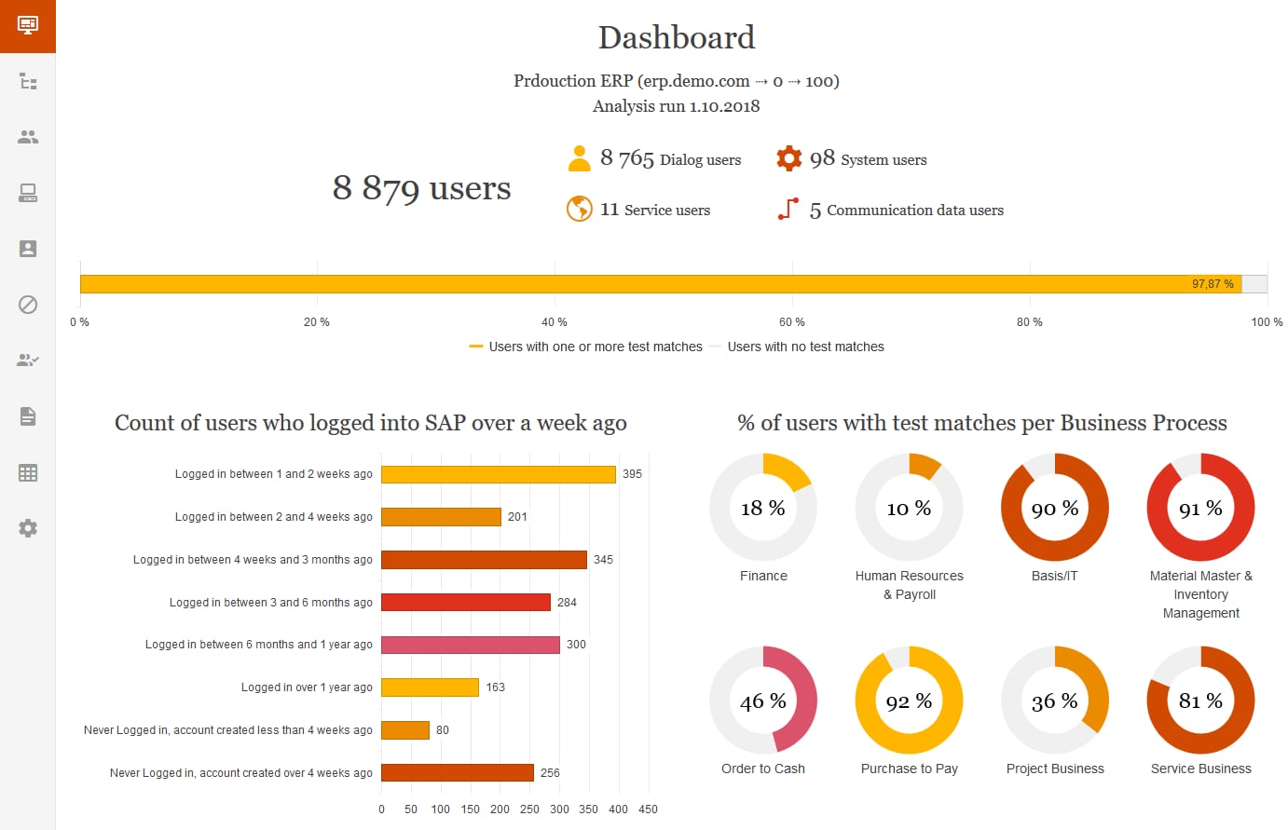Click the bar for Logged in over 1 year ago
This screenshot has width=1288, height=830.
pos(430,687)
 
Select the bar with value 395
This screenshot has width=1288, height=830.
pos(499,474)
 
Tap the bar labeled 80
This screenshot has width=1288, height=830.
pos(405,730)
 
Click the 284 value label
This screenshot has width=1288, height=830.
pos(567,603)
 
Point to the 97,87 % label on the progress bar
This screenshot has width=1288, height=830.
pos(1213,284)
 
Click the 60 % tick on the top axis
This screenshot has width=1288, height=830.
pos(792,322)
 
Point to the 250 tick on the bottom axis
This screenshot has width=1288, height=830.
pos(529,810)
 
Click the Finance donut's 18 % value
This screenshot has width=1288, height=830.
pos(763,509)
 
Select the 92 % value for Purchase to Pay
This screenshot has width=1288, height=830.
pos(909,701)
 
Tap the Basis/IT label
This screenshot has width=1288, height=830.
pos(1054,576)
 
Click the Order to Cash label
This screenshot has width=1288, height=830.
pos(763,769)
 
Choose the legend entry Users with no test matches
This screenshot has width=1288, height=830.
pos(805,347)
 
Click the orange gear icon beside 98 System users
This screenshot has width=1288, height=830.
pos(789,158)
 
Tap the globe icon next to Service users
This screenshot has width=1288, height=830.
pos(580,209)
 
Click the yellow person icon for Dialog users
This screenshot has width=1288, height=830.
pos(580,158)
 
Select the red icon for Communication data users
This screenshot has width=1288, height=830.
pos(788,209)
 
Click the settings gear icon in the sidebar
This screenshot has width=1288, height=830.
pos(28,528)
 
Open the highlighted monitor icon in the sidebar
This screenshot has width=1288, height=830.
pos(28,25)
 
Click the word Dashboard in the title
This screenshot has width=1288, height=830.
pos(677,37)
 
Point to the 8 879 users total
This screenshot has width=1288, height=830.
pos(421,188)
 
